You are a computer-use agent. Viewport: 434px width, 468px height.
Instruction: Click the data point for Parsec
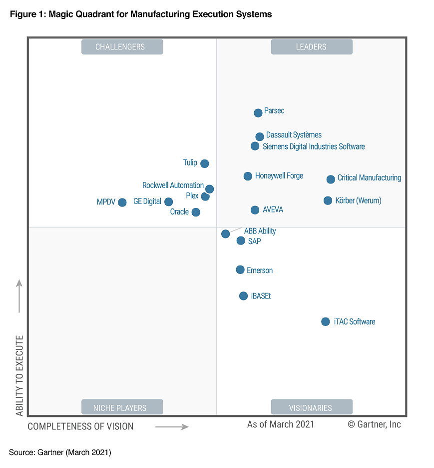tap(258, 113)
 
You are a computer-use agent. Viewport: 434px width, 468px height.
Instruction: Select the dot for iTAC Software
tap(326, 321)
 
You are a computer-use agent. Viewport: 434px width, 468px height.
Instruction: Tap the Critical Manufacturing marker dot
tap(331, 179)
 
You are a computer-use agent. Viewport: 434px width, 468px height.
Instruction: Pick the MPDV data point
tap(122, 202)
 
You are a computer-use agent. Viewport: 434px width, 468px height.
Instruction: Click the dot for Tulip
tap(204, 163)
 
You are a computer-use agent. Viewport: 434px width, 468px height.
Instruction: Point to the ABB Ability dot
tap(226, 233)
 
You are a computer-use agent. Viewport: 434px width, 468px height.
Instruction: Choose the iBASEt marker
tap(243, 296)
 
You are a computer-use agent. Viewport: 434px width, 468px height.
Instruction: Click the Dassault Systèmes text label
tap(294, 135)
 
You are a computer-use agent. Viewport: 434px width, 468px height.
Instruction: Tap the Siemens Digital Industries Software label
tap(314, 146)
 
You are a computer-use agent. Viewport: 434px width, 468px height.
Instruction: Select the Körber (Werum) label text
tap(359, 200)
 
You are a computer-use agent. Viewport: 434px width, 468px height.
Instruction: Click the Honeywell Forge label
tap(279, 176)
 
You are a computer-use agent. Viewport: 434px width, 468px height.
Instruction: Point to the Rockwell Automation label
tap(173, 185)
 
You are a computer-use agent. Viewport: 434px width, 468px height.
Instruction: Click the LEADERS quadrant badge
tap(311, 47)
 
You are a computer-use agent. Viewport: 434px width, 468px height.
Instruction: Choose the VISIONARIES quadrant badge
tap(311, 407)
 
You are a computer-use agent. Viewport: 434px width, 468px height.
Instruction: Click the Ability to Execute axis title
tap(19, 375)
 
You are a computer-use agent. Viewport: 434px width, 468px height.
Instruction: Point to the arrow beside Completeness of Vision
tap(172, 426)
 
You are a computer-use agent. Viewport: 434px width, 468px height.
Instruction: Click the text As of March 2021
tap(281, 424)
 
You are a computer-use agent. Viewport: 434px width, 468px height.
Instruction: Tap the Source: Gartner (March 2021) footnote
tap(60, 452)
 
